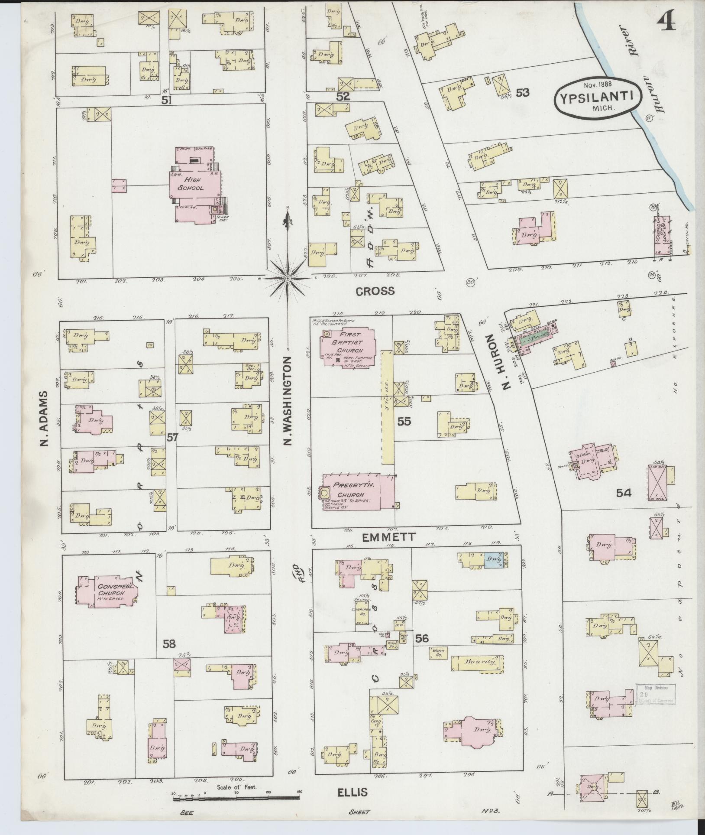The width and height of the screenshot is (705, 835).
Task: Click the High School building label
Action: coord(193,185)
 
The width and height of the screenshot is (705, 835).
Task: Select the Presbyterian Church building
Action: coord(356,492)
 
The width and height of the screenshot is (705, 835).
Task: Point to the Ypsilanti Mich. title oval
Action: coord(598,97)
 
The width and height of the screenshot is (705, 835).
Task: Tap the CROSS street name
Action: coord(375,291)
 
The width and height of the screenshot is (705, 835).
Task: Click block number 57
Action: coord(172,438)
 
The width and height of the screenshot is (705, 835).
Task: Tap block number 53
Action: coord(523,93)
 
